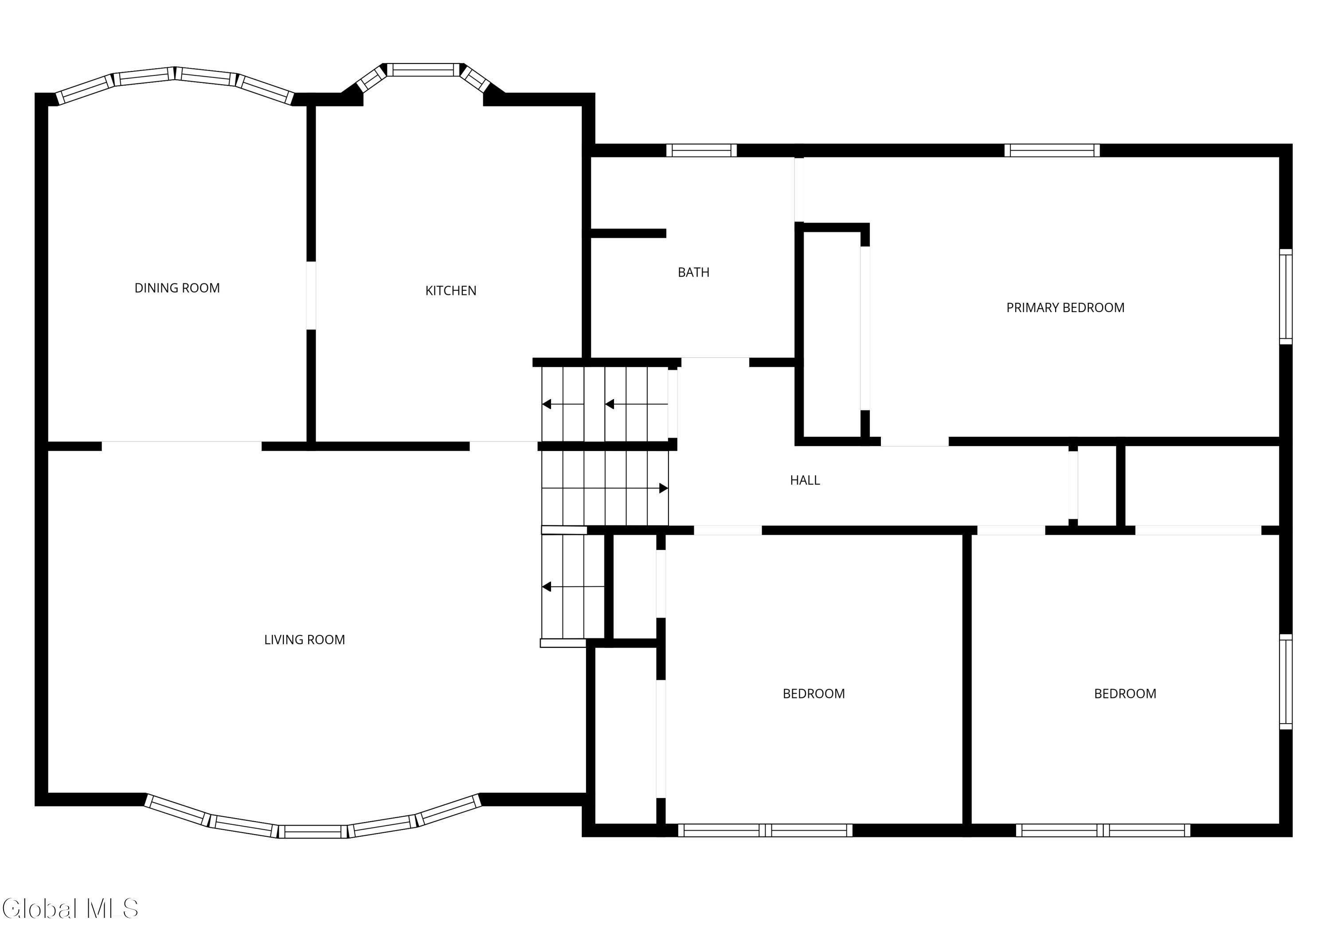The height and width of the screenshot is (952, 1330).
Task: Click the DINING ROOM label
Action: click(x=177, y=288)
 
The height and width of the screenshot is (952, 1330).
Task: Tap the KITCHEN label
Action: click(x=451, y=290)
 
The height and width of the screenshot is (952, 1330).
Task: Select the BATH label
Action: click(x=693, y=272)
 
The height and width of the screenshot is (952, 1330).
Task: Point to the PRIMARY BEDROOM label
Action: click(x=1065, y=308)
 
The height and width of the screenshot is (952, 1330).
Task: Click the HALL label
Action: click(x=805, y=480)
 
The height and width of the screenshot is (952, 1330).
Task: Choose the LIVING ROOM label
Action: click(x=304, y=639)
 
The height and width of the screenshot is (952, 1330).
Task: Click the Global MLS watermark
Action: click(x=70, y=908)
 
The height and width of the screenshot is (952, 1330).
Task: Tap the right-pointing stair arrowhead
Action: click(x=664, y=488)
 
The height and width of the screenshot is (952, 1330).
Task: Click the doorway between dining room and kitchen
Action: click(x=311, y=295)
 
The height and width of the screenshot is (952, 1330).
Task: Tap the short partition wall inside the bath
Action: click(x=628, y=233)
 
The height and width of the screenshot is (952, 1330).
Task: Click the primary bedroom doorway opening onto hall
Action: click(x=915, y=441)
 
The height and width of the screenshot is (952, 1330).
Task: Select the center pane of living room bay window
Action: click(x=313, y=831)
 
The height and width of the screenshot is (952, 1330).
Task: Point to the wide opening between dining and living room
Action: click(x=182, y=446)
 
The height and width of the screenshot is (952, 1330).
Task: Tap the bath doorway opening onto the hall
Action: click(x=715, y=362)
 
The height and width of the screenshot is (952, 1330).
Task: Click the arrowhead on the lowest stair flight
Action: click(x=546, y=587)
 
